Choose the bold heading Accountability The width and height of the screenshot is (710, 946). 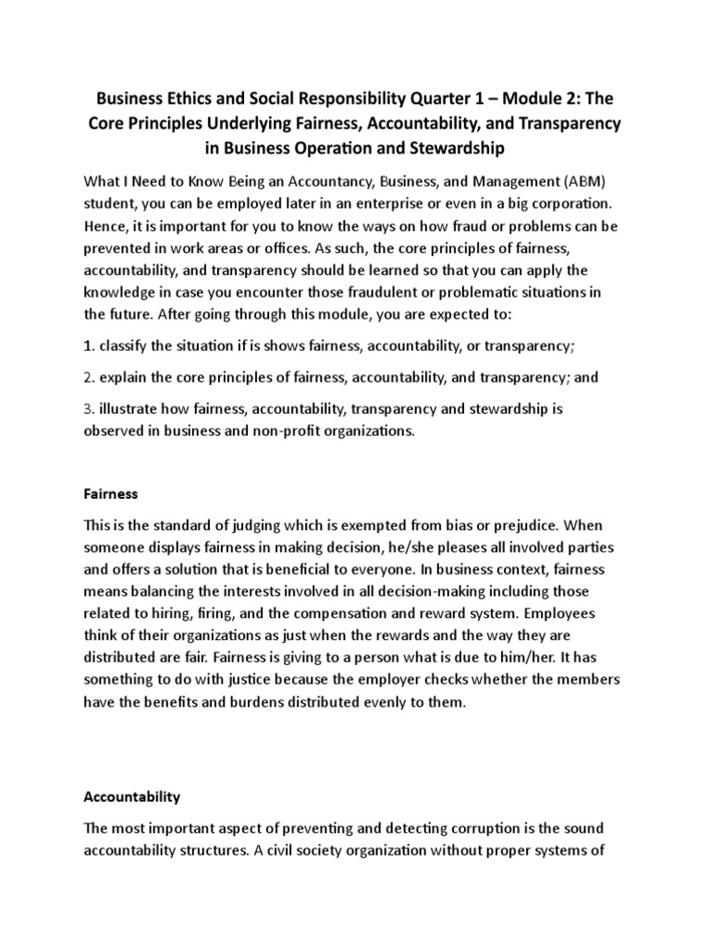click(132, 796)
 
